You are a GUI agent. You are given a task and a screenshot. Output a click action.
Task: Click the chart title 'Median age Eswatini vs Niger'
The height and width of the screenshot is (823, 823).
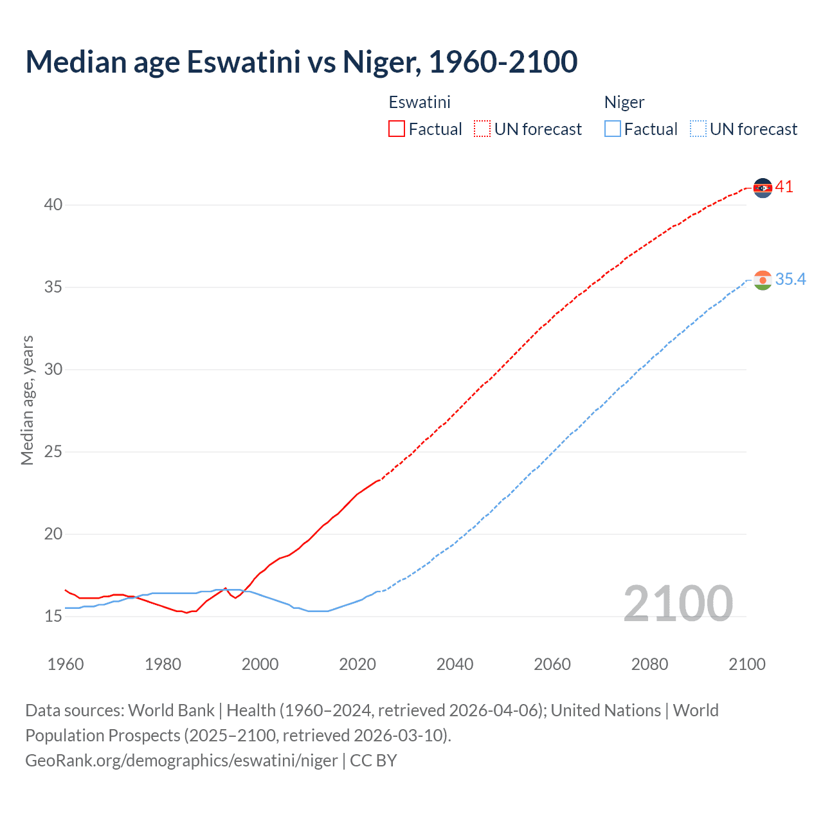[301, 62]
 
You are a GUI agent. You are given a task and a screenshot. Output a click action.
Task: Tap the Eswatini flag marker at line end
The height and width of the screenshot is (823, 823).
[763, 188]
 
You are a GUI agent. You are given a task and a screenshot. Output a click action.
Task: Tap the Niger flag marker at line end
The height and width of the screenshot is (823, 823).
[763, 280]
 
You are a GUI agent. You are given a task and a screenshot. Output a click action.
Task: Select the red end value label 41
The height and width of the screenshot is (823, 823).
[784, 187]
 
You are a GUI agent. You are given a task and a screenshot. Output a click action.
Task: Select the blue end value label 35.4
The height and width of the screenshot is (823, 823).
[790, 279]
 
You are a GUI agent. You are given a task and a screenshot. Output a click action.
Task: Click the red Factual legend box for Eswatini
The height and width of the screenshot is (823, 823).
[397, 129]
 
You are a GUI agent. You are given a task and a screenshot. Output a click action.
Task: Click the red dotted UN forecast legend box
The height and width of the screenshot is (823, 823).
[482, 129]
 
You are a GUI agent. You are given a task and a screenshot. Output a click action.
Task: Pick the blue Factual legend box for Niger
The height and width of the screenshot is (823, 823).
[612, 129]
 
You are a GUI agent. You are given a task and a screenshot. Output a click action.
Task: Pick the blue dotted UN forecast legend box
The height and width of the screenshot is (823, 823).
[698, 129]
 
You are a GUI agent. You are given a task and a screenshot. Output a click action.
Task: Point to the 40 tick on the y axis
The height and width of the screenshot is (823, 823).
[53, 205]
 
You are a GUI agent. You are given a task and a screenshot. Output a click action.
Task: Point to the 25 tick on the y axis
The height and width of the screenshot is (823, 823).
[53, 452]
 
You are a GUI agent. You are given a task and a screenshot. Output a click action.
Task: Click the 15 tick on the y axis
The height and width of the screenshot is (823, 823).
[53, 617]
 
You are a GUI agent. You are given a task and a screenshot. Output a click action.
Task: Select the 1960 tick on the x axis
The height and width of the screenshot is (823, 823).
[66, 664]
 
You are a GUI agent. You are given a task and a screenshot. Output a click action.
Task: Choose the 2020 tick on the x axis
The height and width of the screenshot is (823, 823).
[357, 664]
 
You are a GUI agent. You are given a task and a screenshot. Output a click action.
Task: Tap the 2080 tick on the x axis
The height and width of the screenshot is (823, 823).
[649, 664]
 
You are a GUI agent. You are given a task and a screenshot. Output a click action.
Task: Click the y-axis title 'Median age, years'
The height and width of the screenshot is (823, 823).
[27, 400]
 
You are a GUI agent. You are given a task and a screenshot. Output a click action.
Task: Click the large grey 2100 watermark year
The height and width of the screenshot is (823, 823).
[678, 603]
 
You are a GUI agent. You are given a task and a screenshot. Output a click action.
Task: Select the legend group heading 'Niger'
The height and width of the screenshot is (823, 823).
[624, 102]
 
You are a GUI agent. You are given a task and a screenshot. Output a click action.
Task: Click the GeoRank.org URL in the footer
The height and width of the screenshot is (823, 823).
[181, 761]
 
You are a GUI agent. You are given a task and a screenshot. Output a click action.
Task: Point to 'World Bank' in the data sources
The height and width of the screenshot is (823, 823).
[171, 710]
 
